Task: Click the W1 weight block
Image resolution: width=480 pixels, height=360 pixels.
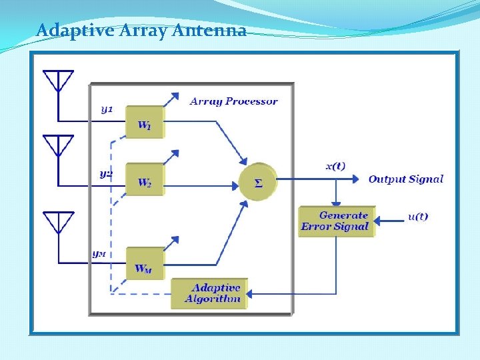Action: pos(145,122)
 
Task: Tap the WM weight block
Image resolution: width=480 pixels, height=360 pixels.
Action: pos(145,264)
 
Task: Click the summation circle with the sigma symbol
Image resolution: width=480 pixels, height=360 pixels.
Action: pos(258,181)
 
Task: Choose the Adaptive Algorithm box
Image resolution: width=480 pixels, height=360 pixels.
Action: pos(209,293)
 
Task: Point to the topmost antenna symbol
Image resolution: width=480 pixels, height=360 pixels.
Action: pos(59,82)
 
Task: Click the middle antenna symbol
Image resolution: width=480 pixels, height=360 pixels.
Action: pos(59,147)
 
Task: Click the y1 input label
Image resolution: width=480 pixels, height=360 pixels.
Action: pos(107,109)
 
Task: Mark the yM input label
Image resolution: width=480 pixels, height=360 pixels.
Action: pos(99,253)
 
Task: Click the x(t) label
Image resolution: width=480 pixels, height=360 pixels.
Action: pos(335,166)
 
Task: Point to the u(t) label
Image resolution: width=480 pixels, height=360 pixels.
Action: pos(418,217)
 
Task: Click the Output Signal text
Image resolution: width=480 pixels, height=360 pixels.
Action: pos(405,179)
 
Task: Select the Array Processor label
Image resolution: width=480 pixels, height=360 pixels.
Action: pos(233,101)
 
